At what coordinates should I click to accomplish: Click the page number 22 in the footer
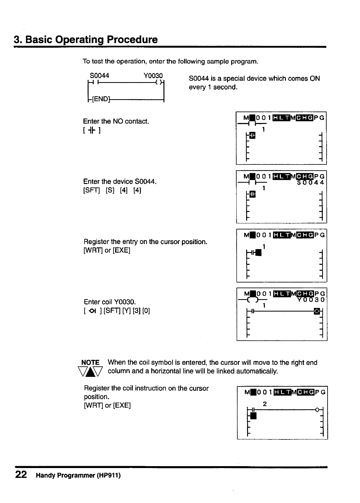[x=21, y=475]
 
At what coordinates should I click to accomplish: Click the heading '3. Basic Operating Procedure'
[x=86, y=40]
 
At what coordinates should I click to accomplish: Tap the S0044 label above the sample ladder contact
[x=100, y=76]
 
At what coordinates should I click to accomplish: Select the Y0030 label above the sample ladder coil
[x=153, y=76]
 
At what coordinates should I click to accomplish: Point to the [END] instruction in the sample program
[x=101, y=99]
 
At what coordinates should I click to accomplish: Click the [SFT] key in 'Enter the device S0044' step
[x=92, y=190]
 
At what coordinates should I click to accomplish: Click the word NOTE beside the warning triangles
[x=91, y=363]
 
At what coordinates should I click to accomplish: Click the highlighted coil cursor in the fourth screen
[x=316, y=311]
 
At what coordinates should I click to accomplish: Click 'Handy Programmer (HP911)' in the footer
[x=78, y=476]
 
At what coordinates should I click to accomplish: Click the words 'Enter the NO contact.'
[x=116, y=121]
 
